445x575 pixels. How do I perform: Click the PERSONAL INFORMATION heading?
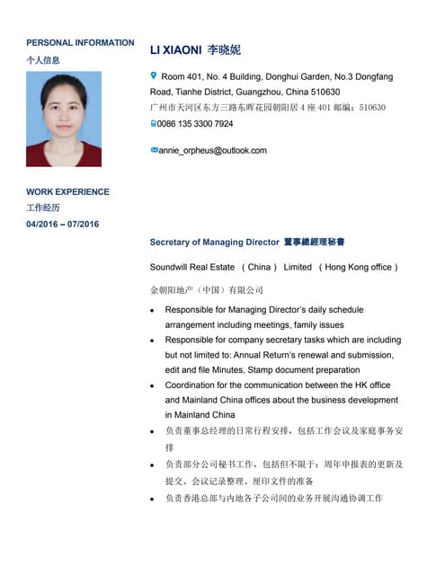[80, 42]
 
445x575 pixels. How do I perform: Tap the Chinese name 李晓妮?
[224, 50]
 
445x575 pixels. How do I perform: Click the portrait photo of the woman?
[64, 119]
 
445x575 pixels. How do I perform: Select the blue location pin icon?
[154, 77]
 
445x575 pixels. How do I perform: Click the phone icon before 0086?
[154, 123]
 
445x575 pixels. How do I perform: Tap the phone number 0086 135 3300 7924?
[196, 124]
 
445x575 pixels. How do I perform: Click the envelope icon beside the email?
[154, 150]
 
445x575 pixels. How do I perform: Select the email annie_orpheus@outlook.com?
[212, 150]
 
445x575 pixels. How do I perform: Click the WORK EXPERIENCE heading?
[67, 191]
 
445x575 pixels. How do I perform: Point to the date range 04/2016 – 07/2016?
[62, 224]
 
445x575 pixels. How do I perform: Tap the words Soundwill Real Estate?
[191, 267]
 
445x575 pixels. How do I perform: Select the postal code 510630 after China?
[322, 92]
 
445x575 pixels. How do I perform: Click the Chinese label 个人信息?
[43, 60]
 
